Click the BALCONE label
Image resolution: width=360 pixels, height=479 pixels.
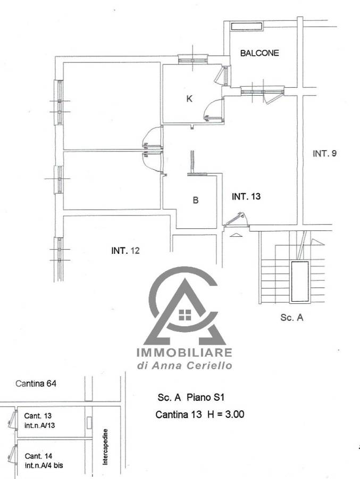259,53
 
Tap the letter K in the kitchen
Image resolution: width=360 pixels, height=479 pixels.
189,98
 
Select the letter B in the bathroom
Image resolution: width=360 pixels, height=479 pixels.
196,200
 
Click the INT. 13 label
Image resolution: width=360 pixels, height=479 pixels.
246,196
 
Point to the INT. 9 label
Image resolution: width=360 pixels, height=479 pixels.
324,153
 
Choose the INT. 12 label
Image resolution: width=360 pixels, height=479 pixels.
125,251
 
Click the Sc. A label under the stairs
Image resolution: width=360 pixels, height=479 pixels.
292,317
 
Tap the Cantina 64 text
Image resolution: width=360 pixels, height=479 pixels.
36,383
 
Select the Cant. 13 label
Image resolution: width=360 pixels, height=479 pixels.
38,416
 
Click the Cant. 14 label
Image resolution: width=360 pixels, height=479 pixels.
38,456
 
